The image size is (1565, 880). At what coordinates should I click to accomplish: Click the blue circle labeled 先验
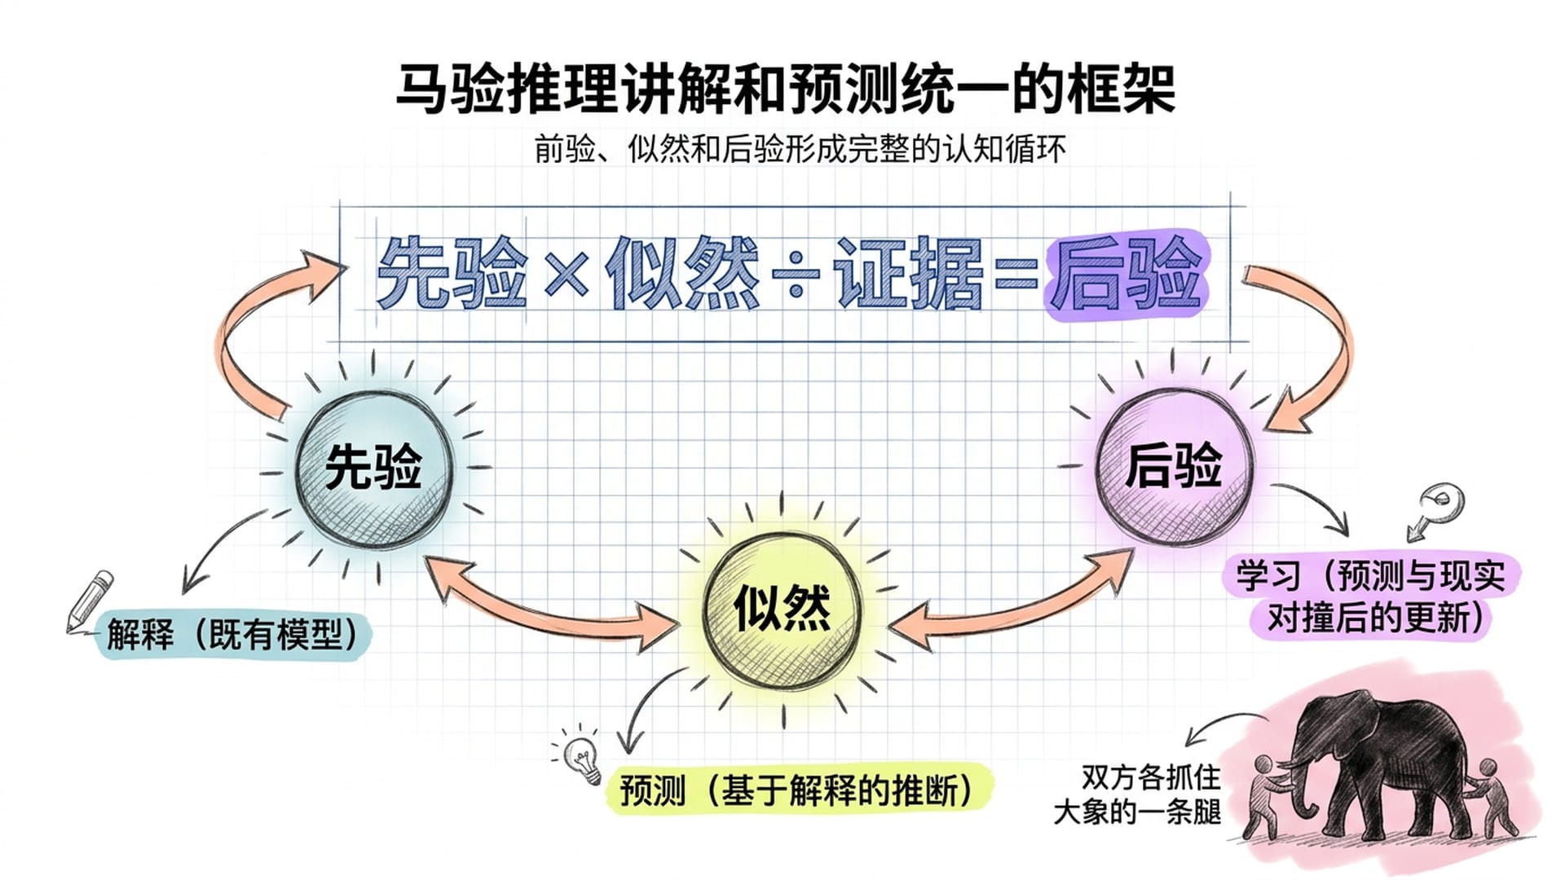click(x=373, y=468)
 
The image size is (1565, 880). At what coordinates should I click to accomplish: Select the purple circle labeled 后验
click(x=1174, y=466)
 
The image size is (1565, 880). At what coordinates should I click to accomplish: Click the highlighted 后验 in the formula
click(x=1126, y=275)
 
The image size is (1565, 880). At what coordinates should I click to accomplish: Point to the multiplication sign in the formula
click(x=566, y=274)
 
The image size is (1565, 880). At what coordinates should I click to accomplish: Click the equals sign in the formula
click(x=1016, y=275)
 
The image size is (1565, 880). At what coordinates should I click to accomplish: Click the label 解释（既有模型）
click(x=233, y=635)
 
